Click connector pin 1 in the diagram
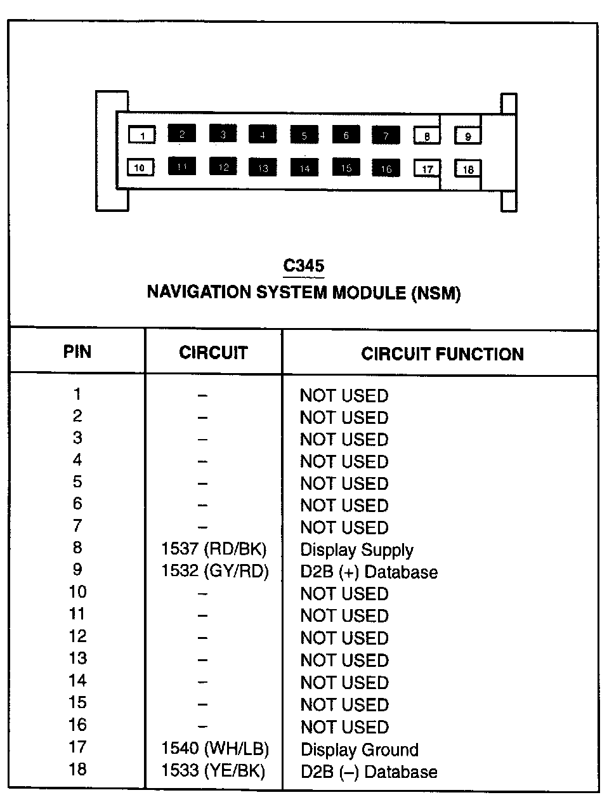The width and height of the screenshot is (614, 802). pyautogui.click(x=142, y=135)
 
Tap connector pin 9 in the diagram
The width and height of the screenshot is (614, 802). pyautogui.click(x=468, y=136)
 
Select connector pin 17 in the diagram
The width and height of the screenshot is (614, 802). pyautogui.click(x=428, y=169)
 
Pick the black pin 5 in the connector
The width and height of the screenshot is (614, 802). pyautogui.click(x=304, y=135)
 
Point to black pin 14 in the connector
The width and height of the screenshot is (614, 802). pyautogui.click(x=304, y=168)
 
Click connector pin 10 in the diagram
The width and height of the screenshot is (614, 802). pyautogui.click(x=140, y=168)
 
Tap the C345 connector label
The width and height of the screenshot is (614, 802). pyautogui.click(x=304, y=265)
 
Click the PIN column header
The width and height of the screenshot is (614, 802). pyautogui.click(x=77, y=352)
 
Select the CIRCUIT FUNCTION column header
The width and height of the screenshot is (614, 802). pyautogui.click(x=442, y=353)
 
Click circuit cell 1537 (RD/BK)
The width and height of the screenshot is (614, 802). pyautogui.click(x=214, y=549)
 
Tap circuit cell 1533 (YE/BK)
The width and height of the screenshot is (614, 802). pyautogui.click(x=213, y=770)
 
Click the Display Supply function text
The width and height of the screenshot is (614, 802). pyautogui.click(x=356, y=550)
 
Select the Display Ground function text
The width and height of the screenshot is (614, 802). pyautogui.click(x=359, y=749)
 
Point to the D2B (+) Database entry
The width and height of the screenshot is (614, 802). pyautogui.click(x=369, y=572)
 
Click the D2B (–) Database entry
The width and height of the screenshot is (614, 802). pyautogui.click(x=369, y=772)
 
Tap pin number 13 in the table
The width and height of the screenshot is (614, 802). pyautogui.click(x=77, y=659)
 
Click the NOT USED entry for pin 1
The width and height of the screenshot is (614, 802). pyautogui.click(x=344, y=395)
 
